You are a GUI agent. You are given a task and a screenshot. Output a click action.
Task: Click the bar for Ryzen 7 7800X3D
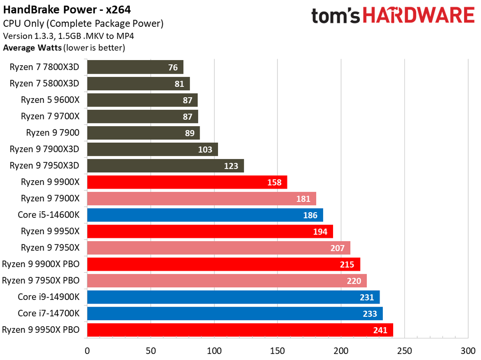pos(135,67)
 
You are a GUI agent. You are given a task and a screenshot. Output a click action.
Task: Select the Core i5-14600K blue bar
pos(205,215)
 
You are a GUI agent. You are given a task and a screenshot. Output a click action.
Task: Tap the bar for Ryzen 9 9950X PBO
pos(240,330)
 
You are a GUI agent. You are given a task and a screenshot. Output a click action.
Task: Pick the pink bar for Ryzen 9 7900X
pos(201,199)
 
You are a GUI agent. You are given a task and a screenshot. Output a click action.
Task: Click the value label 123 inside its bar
pos(231,166)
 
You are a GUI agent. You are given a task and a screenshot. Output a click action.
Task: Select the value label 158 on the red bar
pos(274,182)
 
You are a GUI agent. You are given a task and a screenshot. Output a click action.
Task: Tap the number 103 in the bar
pos(205,149)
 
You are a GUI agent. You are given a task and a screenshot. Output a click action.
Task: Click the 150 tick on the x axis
pos(278,350)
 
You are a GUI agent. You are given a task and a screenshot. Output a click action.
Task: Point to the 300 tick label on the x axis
pos(468,350)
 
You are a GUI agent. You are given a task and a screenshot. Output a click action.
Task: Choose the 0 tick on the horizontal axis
pos(87,350)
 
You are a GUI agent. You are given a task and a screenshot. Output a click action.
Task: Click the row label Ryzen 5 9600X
pos(50,100)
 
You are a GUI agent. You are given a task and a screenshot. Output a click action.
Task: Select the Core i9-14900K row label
pos(48,297)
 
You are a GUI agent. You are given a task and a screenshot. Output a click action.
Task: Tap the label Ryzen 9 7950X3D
pos(45,166)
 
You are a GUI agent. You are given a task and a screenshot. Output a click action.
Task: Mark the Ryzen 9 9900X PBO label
pos(41,264)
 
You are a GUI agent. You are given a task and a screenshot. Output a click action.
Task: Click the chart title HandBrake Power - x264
pos(67,10)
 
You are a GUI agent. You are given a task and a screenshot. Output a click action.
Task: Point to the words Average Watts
pos(31,47)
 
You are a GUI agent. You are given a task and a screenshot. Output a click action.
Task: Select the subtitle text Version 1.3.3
pos(29,36)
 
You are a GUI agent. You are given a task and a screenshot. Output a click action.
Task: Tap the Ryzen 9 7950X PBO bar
pos(226,281)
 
